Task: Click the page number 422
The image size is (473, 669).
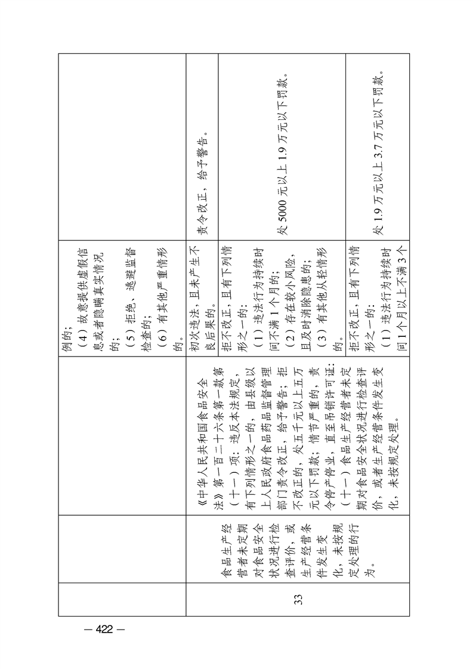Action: pyautogui.click(x=104, y=629)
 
